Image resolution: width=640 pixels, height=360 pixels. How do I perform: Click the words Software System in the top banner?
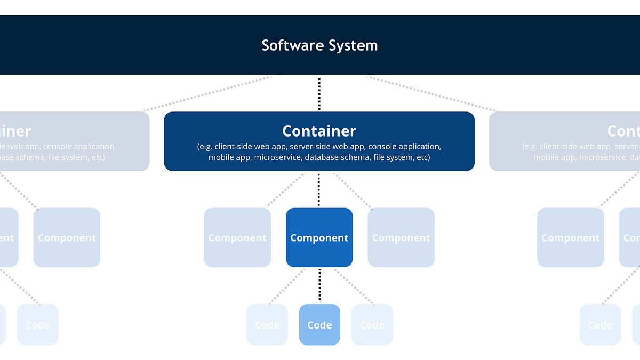click(319, 45)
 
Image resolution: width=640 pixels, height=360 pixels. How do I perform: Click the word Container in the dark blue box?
click(319, 131)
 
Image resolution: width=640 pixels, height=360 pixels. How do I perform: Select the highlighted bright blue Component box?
click(319, 237)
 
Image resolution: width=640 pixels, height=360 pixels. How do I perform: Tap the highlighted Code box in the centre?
click(319, 324)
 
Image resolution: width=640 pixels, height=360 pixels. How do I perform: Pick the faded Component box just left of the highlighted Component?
click(237, 237)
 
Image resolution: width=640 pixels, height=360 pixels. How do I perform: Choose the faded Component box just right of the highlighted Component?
click(401, 237)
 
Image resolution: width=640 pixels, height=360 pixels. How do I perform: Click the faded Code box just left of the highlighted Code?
click(267, 324)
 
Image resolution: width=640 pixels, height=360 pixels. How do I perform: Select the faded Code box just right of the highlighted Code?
click(372, 324)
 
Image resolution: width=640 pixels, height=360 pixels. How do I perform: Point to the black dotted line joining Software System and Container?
click(319, 93)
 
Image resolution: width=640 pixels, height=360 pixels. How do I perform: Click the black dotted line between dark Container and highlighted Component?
click(319, 189)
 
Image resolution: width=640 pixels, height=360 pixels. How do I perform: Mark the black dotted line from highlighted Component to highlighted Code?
click(319, 285)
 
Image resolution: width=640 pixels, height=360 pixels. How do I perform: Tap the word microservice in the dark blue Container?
click(277, 157)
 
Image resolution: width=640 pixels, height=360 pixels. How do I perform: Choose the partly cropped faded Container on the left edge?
click(75, 141)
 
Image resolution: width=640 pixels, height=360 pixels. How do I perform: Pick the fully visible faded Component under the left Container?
click(67, 237)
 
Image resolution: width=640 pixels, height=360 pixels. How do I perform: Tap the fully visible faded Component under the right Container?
click(570, 237)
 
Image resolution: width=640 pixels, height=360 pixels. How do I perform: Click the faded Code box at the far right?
click(600, 324)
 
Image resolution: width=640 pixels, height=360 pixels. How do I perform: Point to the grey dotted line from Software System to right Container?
click(432, 94)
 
